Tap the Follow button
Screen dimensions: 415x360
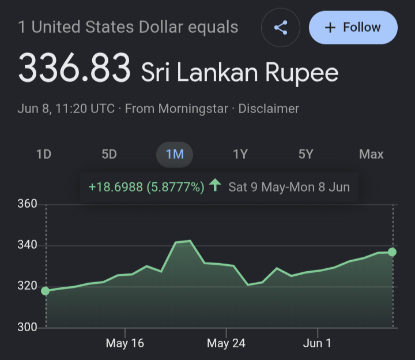353,27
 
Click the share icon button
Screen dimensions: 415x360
281,28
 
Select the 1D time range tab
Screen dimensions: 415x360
44,154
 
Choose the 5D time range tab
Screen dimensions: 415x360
109,154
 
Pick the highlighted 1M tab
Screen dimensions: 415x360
175,155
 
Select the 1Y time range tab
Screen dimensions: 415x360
240,154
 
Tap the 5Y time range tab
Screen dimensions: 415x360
305,154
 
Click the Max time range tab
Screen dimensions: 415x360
371,154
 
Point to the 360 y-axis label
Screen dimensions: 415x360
27,204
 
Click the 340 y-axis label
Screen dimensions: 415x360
27,245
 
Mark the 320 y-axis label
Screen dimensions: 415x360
27,286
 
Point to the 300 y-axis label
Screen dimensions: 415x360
27,327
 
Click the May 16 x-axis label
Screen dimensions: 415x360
125,343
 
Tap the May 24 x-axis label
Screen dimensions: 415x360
227,343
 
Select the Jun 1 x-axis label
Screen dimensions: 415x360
317,343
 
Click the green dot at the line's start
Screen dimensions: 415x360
46,291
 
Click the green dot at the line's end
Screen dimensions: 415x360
392,252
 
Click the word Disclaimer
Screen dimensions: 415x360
269,108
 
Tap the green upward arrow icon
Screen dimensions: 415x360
215,185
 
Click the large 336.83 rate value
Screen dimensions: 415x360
74,67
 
